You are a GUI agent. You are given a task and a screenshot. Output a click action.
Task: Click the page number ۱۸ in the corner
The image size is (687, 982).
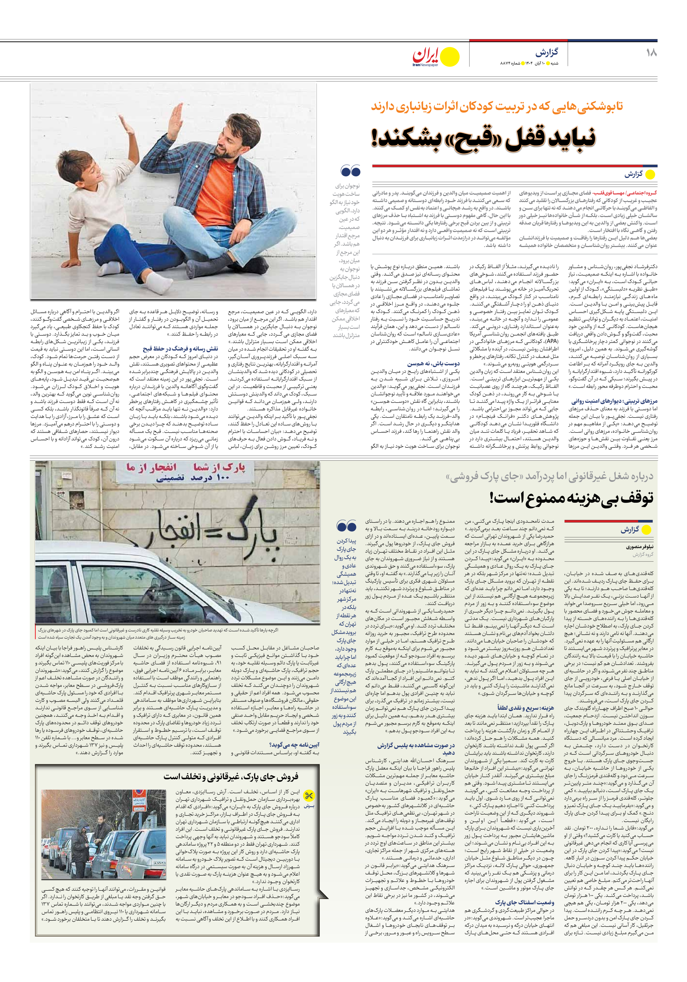pos(651,53)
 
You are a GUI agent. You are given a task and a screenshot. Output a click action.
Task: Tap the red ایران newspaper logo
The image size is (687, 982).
pos(426,56)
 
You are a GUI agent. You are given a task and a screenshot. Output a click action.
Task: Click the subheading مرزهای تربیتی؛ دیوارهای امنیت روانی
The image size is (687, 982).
pos(614,401)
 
